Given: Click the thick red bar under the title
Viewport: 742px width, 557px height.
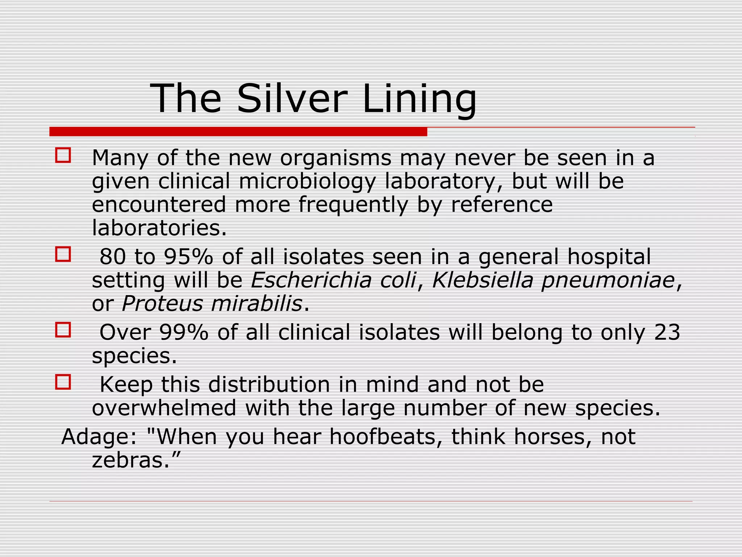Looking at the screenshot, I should tap(238, 132).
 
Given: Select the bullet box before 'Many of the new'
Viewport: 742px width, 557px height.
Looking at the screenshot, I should tap(63, 155).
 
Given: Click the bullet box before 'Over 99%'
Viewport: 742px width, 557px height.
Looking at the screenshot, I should tap(63, 330).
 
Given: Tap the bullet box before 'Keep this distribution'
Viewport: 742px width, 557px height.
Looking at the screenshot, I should tap(63, 382).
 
